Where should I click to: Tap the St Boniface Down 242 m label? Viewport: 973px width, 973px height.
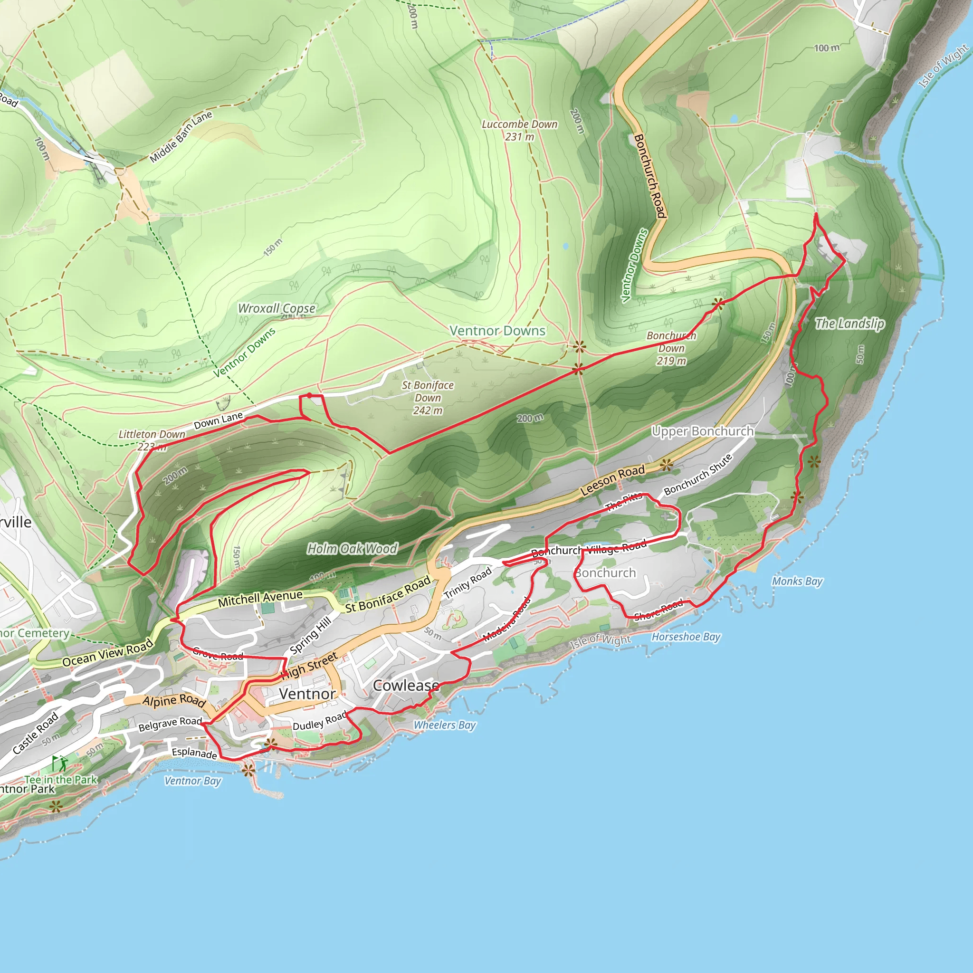pos(428,398)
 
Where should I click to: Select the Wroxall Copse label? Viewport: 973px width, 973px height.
pos(277,308)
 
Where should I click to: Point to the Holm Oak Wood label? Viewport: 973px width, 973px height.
pos(352,548)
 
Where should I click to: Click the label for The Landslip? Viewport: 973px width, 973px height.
pos(849,324)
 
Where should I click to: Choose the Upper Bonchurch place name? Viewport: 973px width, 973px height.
pos(703,431)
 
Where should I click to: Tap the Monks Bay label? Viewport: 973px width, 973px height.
pos(797,581)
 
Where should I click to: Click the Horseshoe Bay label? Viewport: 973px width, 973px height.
pos(686,637)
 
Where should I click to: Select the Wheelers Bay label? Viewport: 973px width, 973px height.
pos(444,725)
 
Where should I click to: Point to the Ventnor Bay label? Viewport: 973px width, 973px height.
pos(192,781)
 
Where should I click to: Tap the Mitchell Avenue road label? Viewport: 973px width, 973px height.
pos(260,598)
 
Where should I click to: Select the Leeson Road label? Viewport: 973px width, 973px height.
pos(612,480)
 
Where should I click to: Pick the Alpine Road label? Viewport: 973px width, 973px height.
pos(174,701)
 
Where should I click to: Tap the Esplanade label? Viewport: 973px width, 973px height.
pos(194,753)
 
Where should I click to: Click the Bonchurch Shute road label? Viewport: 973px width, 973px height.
pos(697,475)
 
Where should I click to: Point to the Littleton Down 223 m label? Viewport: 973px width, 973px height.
pos(152,439)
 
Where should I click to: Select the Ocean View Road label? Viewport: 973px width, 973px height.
pos(107,653)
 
